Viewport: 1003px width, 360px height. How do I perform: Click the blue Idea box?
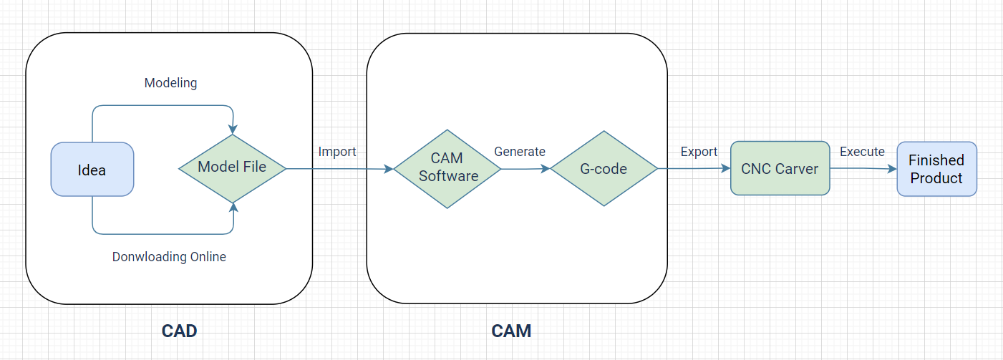tap(92, 170)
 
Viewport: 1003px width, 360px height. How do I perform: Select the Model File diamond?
tap(232, 167)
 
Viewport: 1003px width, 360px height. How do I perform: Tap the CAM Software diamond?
tap(447, 168)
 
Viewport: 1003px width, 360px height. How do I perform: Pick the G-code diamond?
tap(604, 169)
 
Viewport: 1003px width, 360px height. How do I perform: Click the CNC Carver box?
tap(780, 169)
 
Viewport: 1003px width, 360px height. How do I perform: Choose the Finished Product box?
tap(936, 169)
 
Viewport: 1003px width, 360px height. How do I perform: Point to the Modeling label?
tap(170, 83)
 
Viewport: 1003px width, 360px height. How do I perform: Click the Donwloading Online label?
tap(169, 256)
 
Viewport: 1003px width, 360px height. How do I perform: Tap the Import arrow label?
tap(337, 152)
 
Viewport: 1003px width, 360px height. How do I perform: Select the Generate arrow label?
tap(520, 152)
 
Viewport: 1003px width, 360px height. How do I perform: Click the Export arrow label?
tap(699, 152)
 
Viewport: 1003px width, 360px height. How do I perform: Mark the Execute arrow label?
tap(862, 152)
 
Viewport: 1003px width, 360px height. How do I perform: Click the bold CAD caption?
tap(179, 331)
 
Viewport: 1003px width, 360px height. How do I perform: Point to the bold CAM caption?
tap(511, 331)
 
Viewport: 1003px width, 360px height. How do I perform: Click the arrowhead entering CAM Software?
tap(389, 169)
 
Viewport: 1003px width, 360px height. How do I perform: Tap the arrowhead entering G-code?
tap(545, 169)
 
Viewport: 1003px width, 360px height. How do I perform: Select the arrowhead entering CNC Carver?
tap(725, 168)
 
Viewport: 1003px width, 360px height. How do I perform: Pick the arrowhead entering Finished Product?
tap(892, 169)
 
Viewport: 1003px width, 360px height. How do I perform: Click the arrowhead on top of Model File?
tap(232, 130)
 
